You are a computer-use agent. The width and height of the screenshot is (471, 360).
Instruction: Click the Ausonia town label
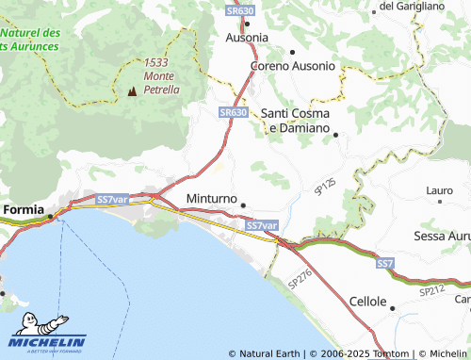click(x=248, y=38)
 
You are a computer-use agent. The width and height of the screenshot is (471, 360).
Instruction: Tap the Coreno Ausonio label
click(x=292, y=67)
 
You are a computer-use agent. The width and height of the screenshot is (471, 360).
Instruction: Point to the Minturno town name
click(x=210, y=200)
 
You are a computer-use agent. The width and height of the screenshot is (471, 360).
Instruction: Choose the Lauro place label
click(x=440, y=190)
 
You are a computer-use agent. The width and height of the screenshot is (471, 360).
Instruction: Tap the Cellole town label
click(x=368, y=302)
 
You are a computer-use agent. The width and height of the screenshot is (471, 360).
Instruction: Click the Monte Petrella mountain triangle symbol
click(x=131, y=92)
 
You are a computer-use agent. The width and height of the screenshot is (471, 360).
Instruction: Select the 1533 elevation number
click(x=156, y=62)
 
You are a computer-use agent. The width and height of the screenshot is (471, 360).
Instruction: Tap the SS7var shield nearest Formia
click(x=112, y=200)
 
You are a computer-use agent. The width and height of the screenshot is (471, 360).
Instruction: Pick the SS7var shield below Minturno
click(x=262, y=226)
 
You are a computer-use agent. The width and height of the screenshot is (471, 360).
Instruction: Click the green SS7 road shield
click(x=384, y=263)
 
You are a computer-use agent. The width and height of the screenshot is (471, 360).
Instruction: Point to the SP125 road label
click(x=325, y=186)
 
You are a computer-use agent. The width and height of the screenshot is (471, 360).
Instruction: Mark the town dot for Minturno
click(x=244, y=205)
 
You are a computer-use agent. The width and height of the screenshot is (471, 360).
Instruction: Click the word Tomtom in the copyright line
click(x=392, y=354)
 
